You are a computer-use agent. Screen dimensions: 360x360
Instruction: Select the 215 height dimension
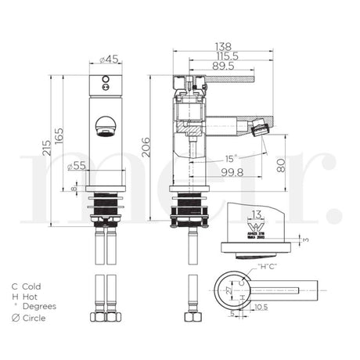click(48, 146)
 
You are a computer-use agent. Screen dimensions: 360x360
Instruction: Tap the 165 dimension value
click(59, 135)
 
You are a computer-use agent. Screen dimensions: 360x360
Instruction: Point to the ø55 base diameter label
click(77, 166)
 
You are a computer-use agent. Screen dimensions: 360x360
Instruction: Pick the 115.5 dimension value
click(227, 57)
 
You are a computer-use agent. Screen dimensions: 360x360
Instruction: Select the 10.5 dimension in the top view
click(260, 308)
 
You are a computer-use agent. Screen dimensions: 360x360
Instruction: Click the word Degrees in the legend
click(40, 307)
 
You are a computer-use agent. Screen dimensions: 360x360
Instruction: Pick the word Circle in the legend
click(34, 318)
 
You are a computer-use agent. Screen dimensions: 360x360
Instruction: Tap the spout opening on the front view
click(104, 124)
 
